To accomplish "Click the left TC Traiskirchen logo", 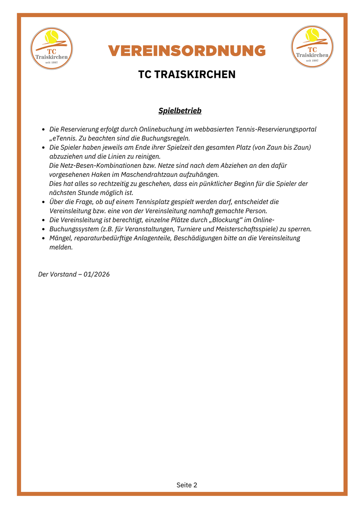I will tap(52, 48).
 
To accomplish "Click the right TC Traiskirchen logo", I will tap(312, 47).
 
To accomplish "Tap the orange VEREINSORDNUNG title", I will tap(187, 51).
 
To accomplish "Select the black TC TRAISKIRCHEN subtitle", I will tap(187, 75).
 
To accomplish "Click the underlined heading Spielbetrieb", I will tap(180, 111).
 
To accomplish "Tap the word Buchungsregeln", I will tap(167, 138).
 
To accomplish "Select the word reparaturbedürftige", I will tap(102, 238).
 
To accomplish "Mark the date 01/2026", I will tap(97, 274).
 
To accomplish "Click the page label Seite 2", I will tap(187, 485).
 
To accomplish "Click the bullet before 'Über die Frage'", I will tap(43, 202).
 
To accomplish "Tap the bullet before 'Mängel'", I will tap(43, 238).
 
